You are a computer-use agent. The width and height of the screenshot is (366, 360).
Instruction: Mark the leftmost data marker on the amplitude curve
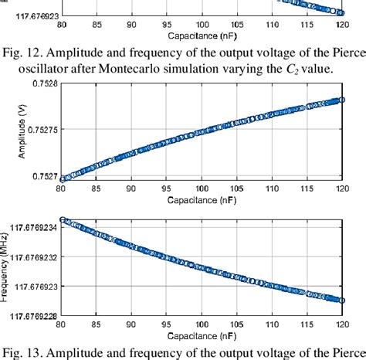click(63, 178)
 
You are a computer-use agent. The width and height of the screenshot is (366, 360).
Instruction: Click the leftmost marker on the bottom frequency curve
click(63, 219)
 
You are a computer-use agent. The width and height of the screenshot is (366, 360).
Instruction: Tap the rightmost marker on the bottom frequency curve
click(340, 300)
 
